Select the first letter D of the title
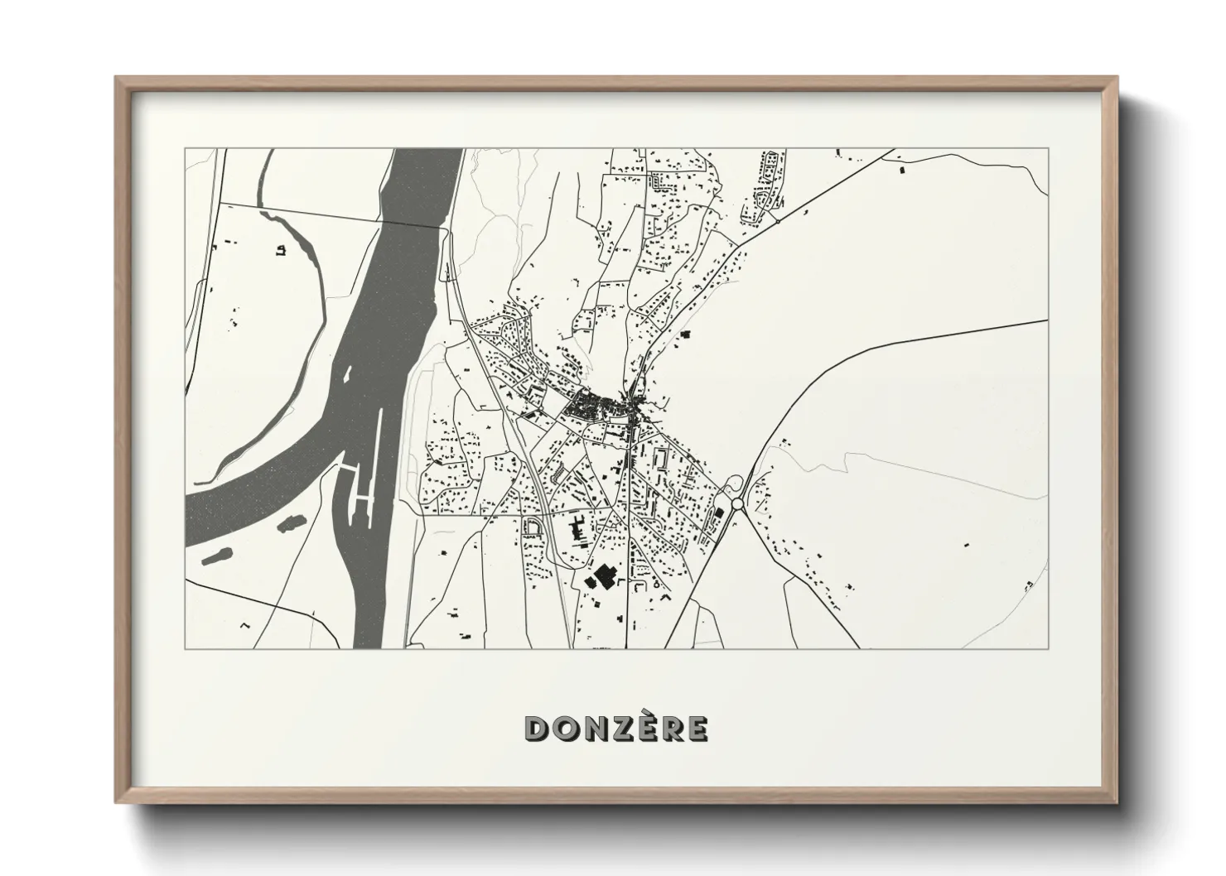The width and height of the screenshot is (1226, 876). tap(535, 728)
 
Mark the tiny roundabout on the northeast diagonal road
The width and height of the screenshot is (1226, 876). tap(778, 221)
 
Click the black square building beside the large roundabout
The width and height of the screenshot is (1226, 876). tap(719, 513)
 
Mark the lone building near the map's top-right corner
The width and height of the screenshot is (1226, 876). tap(901, 170)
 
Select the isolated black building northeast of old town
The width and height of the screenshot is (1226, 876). tap(685, 334)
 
